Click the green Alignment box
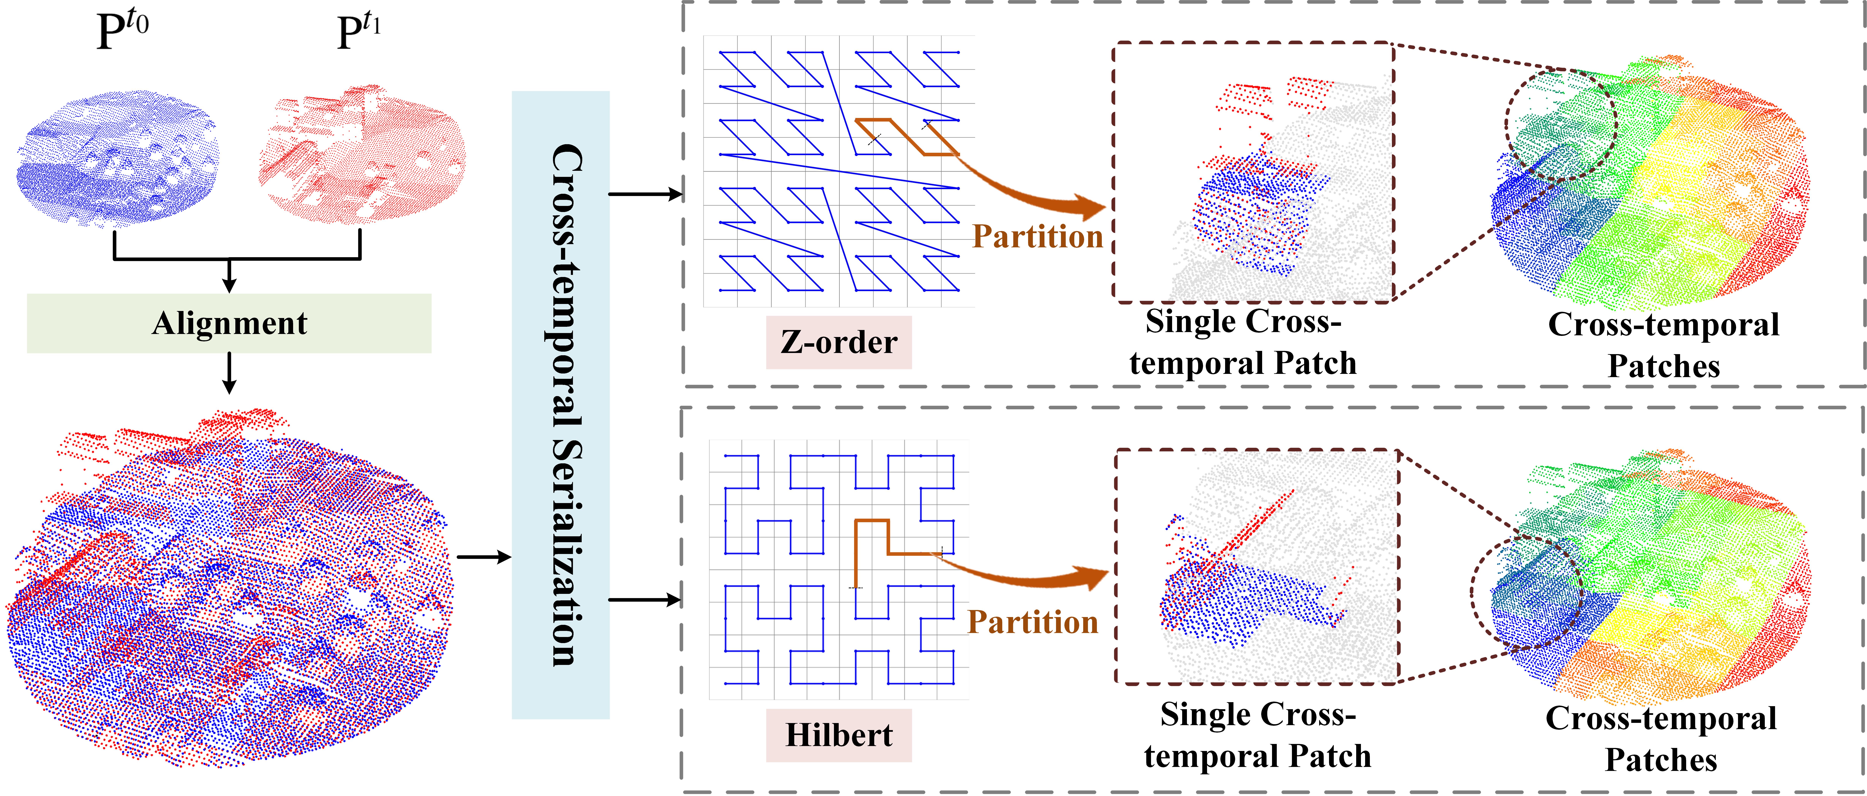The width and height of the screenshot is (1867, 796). [x=229, y=323]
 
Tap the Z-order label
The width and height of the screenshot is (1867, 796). [x=839, y=342]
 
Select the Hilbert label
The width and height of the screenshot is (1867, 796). [x=839, y=735]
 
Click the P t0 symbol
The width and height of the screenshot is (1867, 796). [x=122, y=30]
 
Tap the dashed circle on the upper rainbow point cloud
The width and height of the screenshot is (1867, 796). [x=1560, y=125]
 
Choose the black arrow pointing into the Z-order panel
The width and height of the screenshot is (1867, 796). [x=645, y=194]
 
